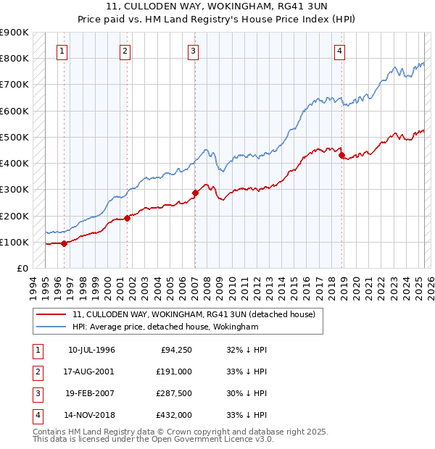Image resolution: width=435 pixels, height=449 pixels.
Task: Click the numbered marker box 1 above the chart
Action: click(62, 51)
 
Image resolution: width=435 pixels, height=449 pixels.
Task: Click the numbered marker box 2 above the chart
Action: click(125, 51)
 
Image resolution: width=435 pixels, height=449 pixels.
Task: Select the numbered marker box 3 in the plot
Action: click(194, 51)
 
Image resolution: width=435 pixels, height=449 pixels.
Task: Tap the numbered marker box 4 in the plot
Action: click(340, 51)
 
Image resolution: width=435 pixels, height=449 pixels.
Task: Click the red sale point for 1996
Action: click(65, 243)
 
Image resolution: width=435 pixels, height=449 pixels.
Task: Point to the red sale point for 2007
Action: click(195, 193)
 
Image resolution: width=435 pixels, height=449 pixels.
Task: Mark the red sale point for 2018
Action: click(341, 154)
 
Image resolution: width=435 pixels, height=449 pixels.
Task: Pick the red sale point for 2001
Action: click(127, 217)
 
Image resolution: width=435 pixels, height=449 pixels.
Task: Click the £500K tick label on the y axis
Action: click(14, 137)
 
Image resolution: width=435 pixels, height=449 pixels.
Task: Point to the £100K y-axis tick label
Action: click(14, 242)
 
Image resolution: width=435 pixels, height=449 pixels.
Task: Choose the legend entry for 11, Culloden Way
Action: click(194, 315)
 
